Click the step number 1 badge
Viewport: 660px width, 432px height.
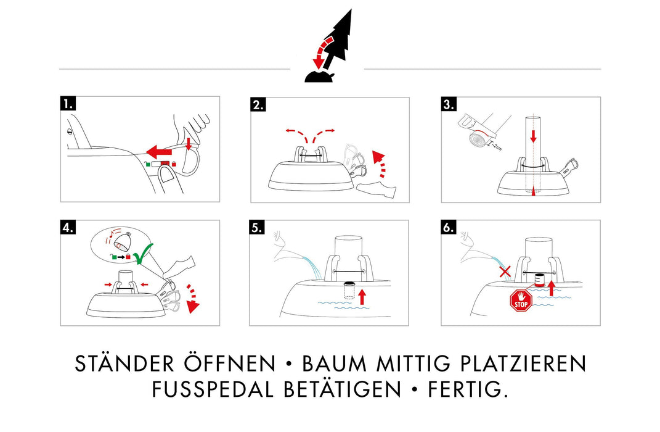[x=67, y=104]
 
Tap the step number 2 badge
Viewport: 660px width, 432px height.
[x=258, y=104]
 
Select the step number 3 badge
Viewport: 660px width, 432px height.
[x=449, y=104]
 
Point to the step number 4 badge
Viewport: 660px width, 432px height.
[x=67, y=227]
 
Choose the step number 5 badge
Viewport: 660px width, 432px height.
[x=256, y=227]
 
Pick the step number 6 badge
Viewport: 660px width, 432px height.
[x=449, y=227]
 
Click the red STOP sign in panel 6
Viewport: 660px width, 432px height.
[x=521, y=301]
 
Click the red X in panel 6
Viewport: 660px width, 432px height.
[x=505, y=272]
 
